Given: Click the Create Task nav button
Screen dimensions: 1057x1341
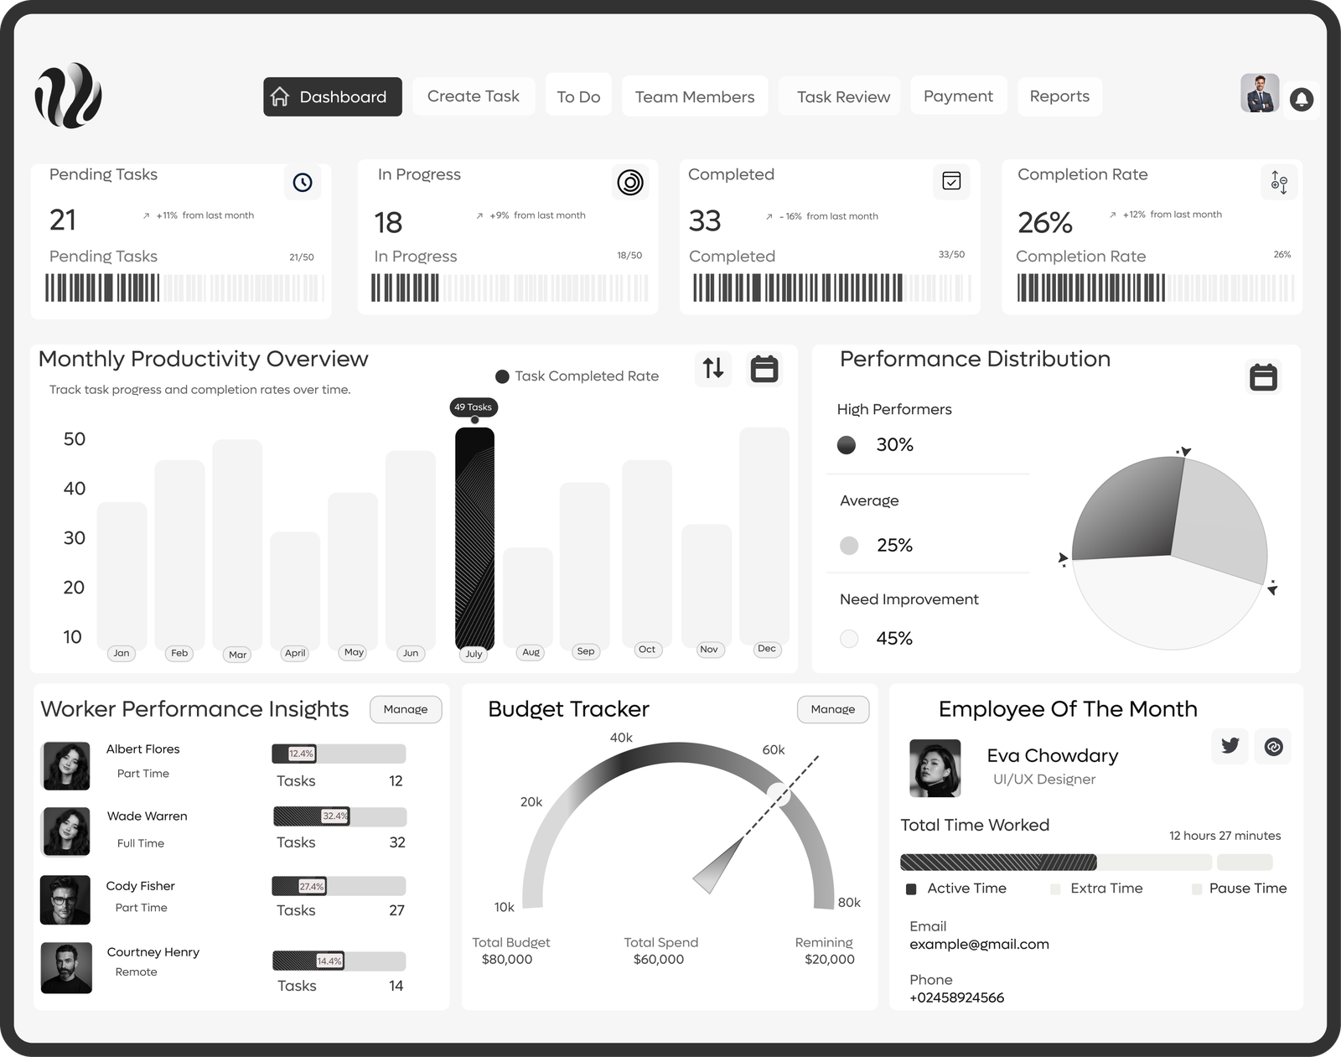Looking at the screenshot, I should [x=473, y=96].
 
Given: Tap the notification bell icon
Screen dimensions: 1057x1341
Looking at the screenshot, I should [x=1301, y=100].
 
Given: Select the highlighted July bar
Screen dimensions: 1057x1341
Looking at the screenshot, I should [x=474, y=536].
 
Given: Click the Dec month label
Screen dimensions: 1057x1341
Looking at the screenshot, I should [x=766, y=649].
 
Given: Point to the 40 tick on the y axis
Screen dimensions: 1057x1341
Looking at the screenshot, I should [x=75, y=489].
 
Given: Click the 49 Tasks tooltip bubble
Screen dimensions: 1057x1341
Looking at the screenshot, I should [x=474, y=407].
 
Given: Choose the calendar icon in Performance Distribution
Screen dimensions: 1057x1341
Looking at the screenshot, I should [x=1263, y=376].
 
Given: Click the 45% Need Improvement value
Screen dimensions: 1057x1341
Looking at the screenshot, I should [x=894, y=639].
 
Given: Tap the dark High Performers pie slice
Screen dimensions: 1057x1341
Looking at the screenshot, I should [x=1127, y=511].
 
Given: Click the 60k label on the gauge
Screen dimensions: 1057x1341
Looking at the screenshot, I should [x=773, y=750].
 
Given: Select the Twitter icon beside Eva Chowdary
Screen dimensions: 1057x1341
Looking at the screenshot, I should [x=1230, y=746].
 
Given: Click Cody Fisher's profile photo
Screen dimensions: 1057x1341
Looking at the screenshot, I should [x=65, y=900].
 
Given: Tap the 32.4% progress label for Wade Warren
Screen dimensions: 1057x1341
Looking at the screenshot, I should [x=335, y=816].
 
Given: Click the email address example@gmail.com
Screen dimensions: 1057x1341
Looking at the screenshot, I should [x=979, y=945].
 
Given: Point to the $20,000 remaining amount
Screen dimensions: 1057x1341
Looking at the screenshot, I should [x=829, y=960].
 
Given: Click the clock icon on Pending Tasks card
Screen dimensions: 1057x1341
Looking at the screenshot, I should [x=303, y=182].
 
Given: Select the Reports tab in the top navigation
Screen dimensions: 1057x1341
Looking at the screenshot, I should [x=1059, y=96].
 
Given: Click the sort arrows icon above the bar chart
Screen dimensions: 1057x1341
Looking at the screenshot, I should [x=713, y=368].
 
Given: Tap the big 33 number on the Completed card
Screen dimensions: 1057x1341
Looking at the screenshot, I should [x=705, y=221].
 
